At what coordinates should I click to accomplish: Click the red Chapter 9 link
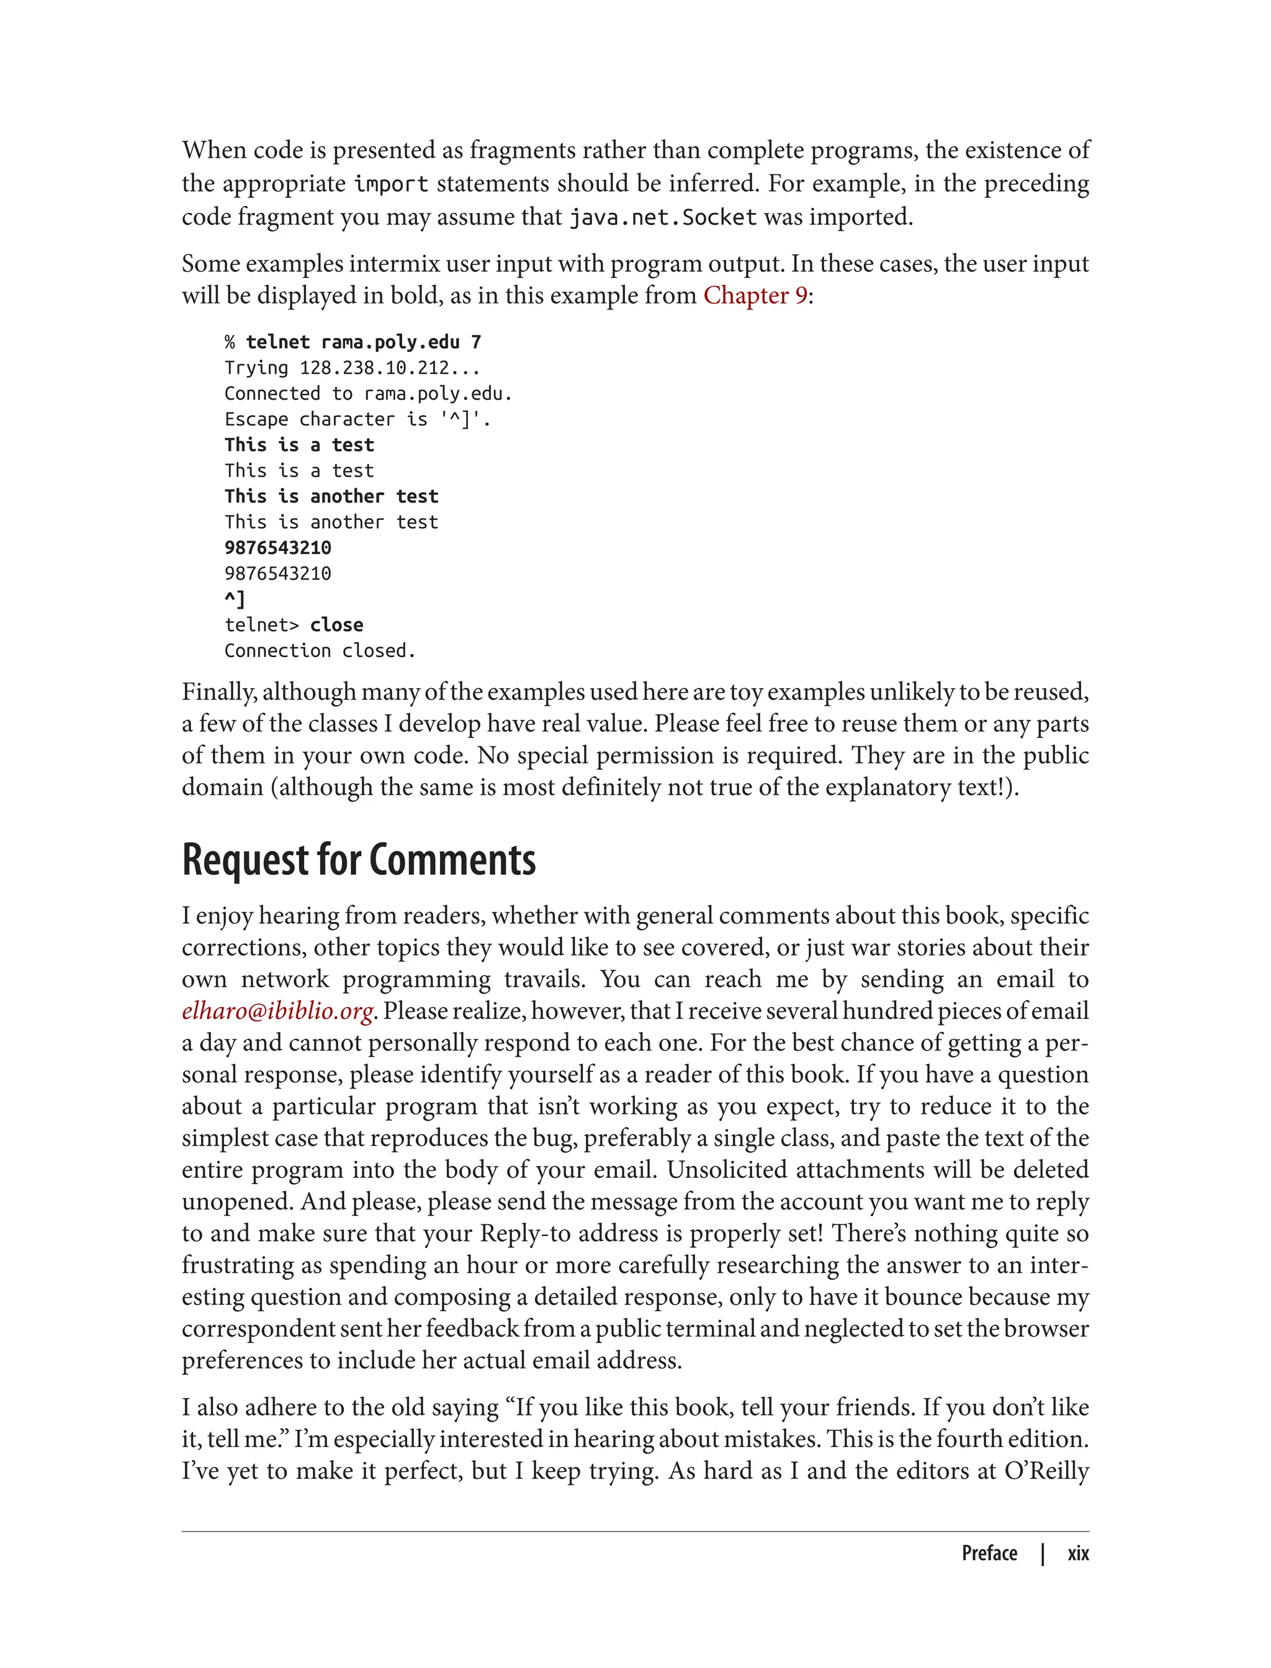pyautogui.click(x=754, y=296)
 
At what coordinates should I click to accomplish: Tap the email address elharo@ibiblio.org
pyautogui.click(x=277, y=1011)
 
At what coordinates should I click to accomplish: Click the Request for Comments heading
pyautogui.click(x=359, y=860)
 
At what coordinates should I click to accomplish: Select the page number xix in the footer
pyautogui.click(x=1077, y=1553)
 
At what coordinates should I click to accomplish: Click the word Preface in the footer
pyautogui.click(x=989, y=1553)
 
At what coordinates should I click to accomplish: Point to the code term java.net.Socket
pyautogui.click(x=663, y=218)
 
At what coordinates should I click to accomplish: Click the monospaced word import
pyautogui.click(x=391, y=184)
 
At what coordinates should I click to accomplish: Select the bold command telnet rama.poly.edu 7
pyautogui.click(x=363, y=343)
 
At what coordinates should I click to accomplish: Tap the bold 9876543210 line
pyautogui.click(x=277, y=548)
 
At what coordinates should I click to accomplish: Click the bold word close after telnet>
pyautogui.click(x=336, y=625)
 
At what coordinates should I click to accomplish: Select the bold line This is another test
pyautogui.click(x=331, y=496)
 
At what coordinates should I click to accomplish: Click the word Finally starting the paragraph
pyautogui.click(x=218, y=692)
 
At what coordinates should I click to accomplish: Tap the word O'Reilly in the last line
pyautogui.click(x=1046, y=1471)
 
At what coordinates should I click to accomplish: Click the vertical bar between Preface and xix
pyautogui.click(x=1043, y=1553)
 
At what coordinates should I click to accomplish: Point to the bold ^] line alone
pyautogui.click(x=235, y=599)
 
